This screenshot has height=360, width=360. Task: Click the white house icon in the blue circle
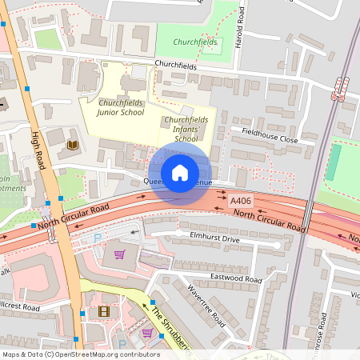[x=179, y=172]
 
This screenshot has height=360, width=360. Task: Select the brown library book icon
[x=72, y=145]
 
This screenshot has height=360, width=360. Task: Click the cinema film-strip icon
[x=103, y=311]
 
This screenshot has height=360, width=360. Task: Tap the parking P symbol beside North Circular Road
[x=98, y=238]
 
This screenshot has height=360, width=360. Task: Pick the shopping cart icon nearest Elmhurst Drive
[x=120, y=254]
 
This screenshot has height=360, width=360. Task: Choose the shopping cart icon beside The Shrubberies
[x=147, y=332]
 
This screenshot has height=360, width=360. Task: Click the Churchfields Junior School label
[x=120, y=108]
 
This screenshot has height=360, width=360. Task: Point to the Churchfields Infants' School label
[x=186, y=129]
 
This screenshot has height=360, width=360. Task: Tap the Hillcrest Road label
[x=20, y=306]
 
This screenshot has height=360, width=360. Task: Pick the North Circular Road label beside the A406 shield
[x=271, y=222]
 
